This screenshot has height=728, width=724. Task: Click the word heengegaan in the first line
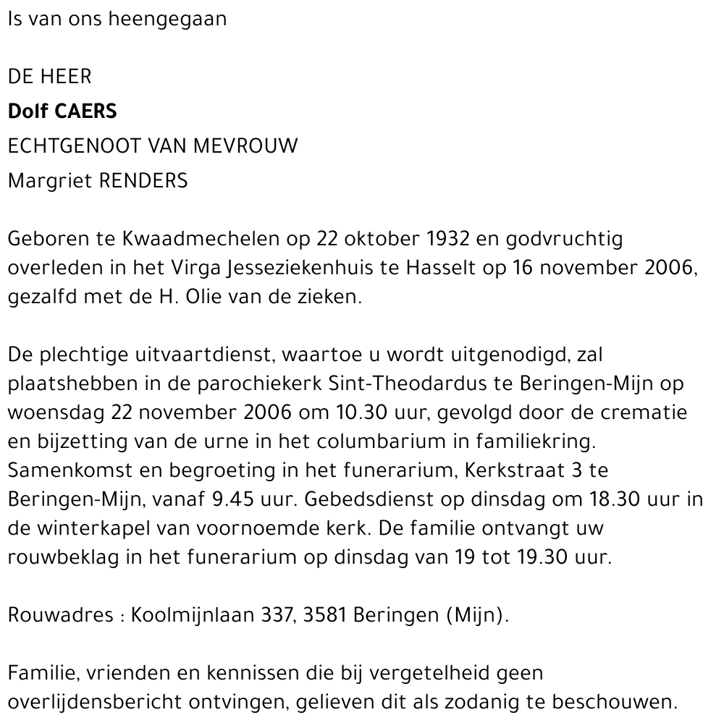pyautogui.click(x=167, y=20)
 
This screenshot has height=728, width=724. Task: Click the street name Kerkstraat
pyautogui.click(x=500, y=470)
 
